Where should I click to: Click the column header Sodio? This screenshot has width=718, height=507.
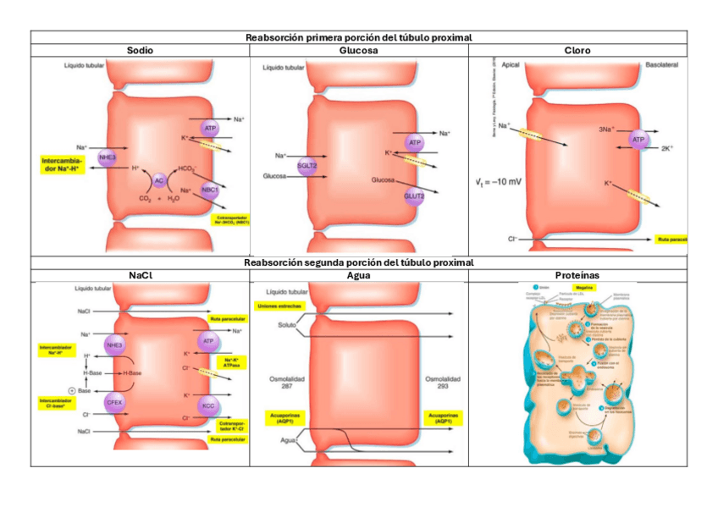pos(140,51)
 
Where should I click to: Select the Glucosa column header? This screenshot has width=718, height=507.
pos(359,51)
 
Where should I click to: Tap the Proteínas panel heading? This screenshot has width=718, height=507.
pos(577,276)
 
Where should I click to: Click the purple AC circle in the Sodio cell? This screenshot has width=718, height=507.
pos(158,179)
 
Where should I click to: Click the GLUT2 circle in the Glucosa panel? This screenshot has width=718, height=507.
pos(414,196)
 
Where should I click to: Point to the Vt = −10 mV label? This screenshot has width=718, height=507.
pos(498,181)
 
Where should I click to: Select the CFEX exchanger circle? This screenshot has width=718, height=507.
pos(114,403)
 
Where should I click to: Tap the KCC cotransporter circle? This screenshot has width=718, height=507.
pos(209,406)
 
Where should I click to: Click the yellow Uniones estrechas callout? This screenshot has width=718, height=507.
pos(275,306)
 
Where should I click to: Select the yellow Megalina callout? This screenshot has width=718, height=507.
pos(583,288)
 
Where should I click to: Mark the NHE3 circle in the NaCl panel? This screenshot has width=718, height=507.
pos(114,345)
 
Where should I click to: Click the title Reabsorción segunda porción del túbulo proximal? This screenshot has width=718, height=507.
pos(359,263)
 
